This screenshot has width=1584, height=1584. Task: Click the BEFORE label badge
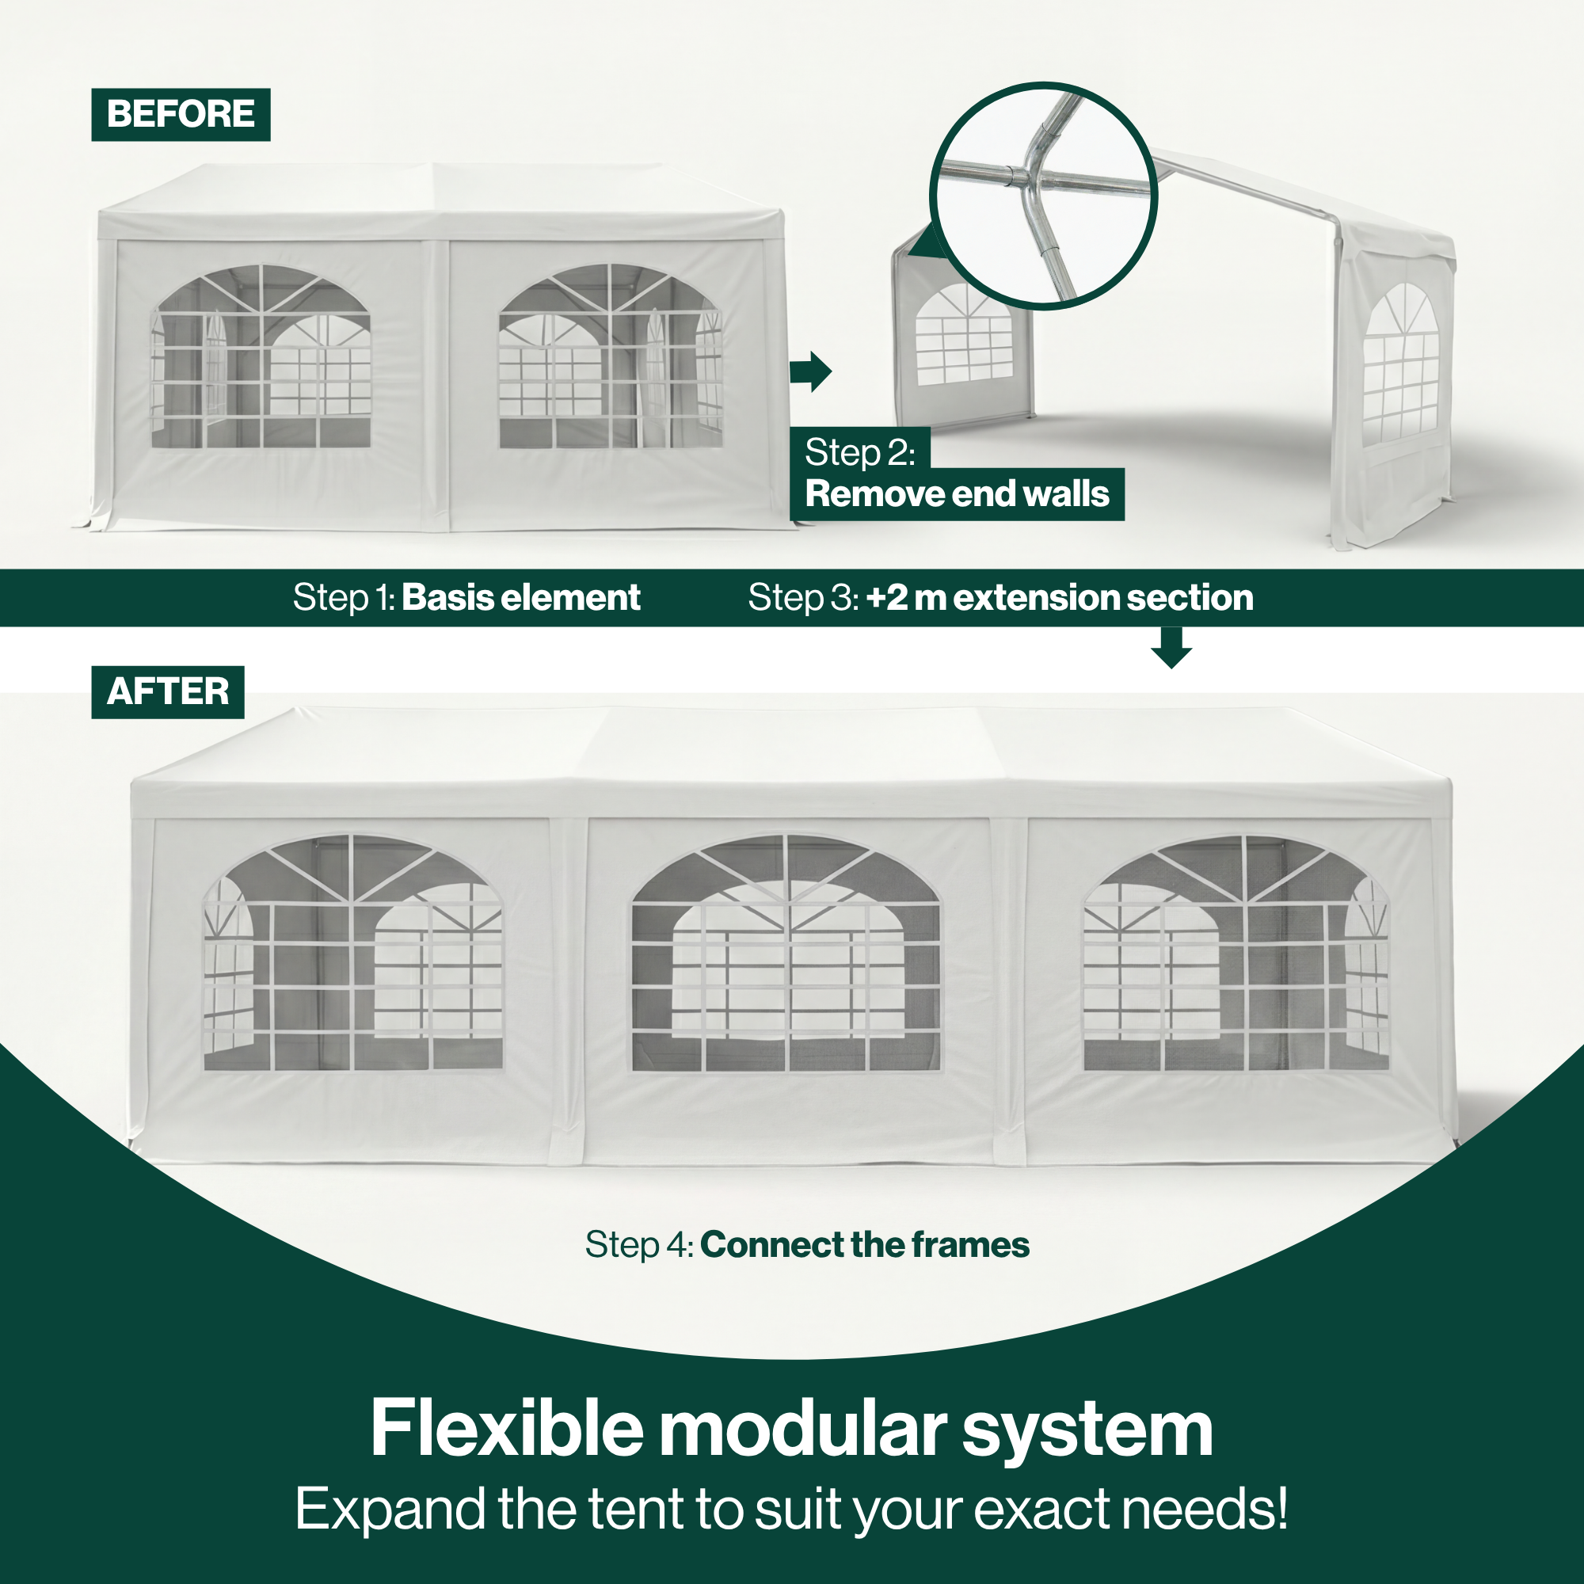[x=181, y=114]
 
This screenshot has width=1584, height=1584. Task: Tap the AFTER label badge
[x=167, y=691]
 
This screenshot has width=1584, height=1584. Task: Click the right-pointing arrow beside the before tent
[x=810, y=371]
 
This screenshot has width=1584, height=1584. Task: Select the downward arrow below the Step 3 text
[x=1171, y=647]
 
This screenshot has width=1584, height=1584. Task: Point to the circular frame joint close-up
[x=1043, y=195]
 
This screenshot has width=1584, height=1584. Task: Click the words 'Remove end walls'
[x=956, y=493]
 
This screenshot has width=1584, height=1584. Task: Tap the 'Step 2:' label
[x=859, y=451]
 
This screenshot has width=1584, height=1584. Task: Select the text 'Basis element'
[x=520, y=597]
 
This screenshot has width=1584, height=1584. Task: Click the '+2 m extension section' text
[x=1059, y=597]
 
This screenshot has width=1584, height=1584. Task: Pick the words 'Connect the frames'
[x=864, y=1244]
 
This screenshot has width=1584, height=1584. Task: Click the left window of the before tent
[x=261, y=356]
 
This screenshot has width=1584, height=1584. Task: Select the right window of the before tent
[x=611, y=356]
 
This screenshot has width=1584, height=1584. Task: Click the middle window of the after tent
[x=786, y=954]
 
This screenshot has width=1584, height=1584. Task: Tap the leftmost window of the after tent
[x=352, y=953]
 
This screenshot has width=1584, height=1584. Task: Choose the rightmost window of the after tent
[x=1236, y=953]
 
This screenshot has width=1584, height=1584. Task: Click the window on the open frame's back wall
[x=964, y=334]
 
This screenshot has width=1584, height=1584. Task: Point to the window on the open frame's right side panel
[x=1400, y=364]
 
